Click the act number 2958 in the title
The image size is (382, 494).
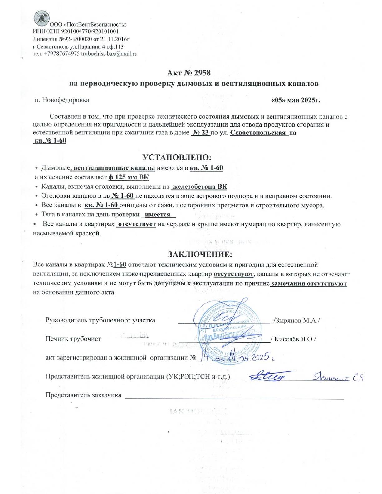point(202,73)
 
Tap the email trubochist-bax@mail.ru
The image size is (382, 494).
point(109,54)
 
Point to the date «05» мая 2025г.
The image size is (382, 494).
point(296,100)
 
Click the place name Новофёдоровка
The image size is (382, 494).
point(66,100)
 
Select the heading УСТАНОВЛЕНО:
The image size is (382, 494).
point(177,157)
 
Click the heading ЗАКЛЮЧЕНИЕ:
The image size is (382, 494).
point(200,254)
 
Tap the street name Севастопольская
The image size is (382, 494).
point(258,133)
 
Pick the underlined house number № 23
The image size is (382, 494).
point(200,133)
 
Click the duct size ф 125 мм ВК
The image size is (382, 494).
point(129,177)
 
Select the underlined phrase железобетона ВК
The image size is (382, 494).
point(199,187)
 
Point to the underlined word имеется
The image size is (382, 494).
point(158,215)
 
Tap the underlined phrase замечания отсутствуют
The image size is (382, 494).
point(309,284)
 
